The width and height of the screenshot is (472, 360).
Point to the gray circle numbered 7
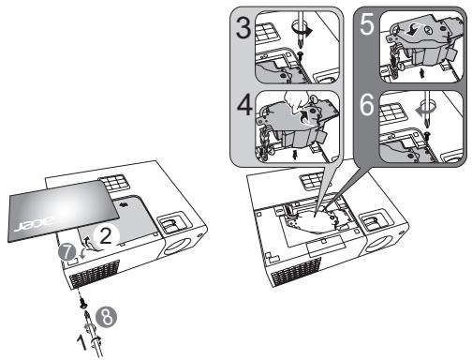point(66,252)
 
